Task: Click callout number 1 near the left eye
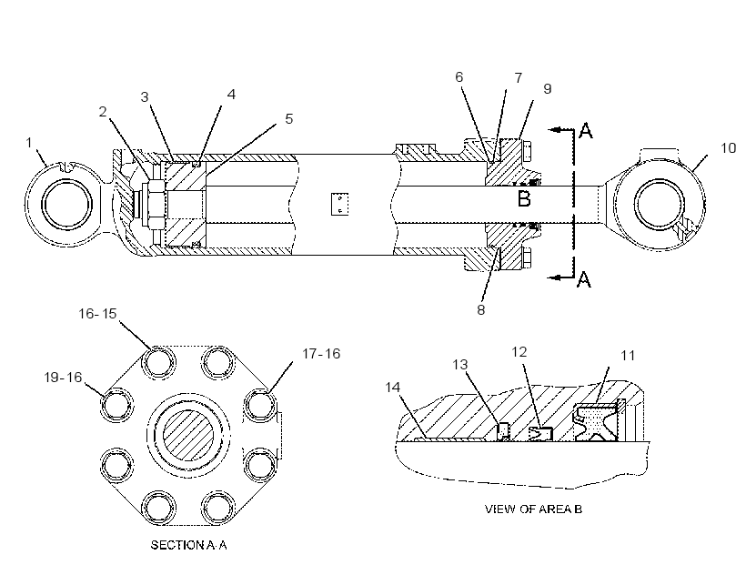29,142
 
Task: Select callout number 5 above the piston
288,119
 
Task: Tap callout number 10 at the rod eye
729,148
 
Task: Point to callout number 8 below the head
481,309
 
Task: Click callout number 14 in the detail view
392,388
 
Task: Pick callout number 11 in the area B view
628,355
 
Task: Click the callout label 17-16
321,353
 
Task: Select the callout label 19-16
64,378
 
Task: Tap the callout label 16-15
97,313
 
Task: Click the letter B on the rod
524,198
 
